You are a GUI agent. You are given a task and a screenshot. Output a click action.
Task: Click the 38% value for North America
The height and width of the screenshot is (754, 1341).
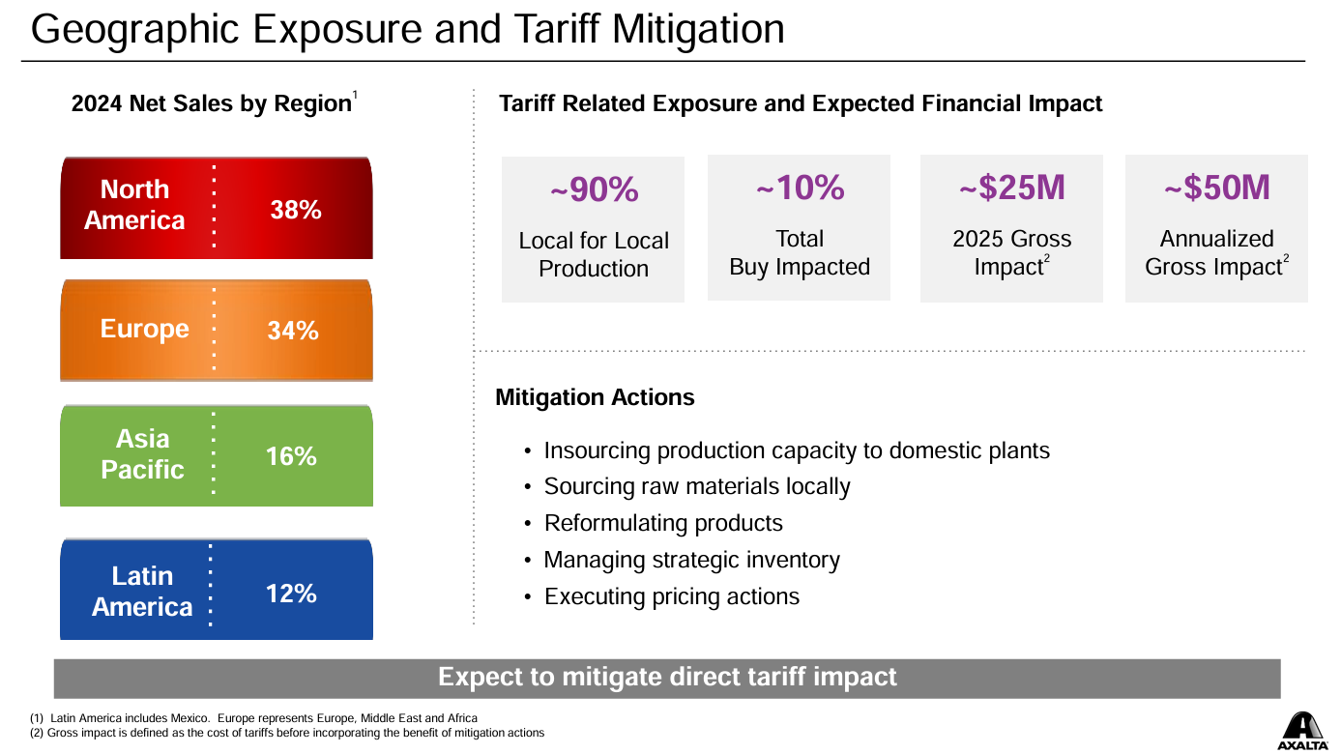[296, 210]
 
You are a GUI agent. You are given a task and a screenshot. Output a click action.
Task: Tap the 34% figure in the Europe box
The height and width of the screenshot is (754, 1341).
[293, 331]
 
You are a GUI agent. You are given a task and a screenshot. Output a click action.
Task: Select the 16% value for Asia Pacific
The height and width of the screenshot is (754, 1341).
[291, 456]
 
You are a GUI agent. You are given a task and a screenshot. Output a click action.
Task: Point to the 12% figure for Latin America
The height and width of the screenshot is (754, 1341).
[291, 594]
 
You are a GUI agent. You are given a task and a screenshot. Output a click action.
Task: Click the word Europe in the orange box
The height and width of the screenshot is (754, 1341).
[144, 329]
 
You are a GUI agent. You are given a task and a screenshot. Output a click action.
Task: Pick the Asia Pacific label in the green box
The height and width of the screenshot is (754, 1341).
[142, 454]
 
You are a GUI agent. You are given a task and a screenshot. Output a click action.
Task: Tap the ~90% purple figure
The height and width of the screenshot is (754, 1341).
[594, 189]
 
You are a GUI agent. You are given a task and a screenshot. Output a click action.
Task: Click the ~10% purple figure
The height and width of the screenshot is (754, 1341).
[800, 188]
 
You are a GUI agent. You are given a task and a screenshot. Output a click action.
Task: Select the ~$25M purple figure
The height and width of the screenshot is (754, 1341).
[1011, 188]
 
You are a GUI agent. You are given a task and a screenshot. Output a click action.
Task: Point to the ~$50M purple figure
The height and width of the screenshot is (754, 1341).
[1216, 188]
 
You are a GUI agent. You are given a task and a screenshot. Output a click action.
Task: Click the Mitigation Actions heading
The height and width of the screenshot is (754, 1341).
[595, 397]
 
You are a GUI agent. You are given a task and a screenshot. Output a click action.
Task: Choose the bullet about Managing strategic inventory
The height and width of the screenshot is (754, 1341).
[691, 560]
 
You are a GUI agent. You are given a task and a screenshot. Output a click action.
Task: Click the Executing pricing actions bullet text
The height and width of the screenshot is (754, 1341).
[672, 596]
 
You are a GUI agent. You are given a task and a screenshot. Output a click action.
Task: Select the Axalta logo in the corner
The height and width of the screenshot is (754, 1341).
[1302, 731]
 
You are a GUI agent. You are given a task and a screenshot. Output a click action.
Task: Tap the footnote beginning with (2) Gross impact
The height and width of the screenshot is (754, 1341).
[287, 733]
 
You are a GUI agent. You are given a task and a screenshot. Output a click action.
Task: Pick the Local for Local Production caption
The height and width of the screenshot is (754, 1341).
[594, 255]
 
